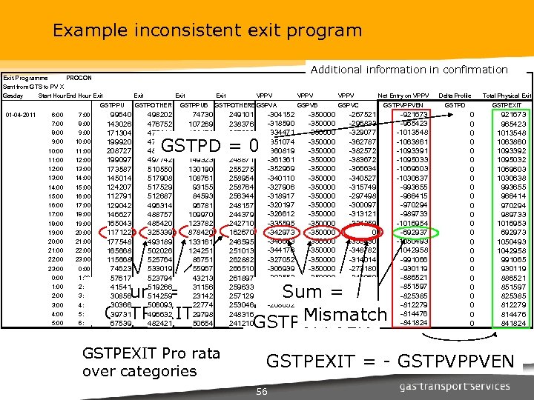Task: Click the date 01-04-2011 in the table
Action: pyautogui.click(x=21, y=115)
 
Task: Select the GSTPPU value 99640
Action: pyautogui.click(x=119, y=115)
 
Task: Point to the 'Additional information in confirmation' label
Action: pyautogui.click(x=409, y=70)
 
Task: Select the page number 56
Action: pyautogui.click(x=260, y=391)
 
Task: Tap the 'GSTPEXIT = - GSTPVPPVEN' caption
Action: pyautogui.click(x=389, y=361)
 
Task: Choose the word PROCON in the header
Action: pyautogui.click(x=79, y=78)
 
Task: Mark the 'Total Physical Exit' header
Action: pyautogui.click(x=507, y=96)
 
